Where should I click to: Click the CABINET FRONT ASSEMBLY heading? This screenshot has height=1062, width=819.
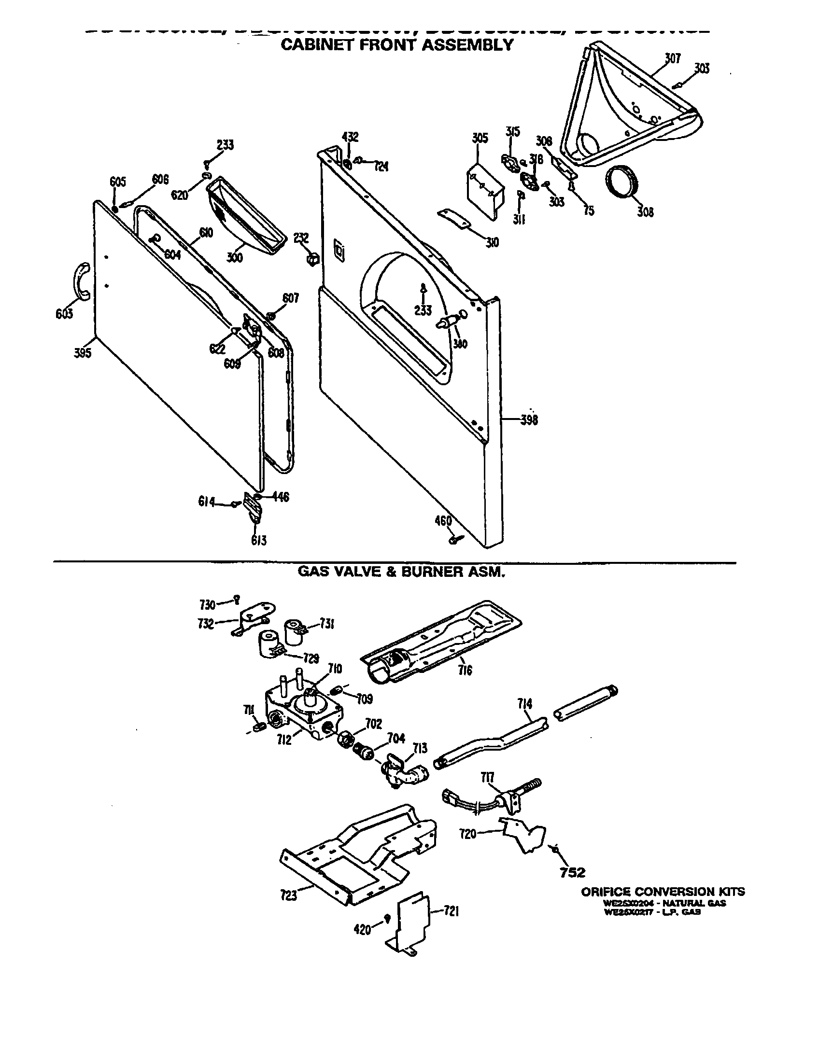click(397, 45)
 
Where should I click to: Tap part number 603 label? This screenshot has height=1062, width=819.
click(64, 314)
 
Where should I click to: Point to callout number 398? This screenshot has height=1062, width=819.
click(529, 419)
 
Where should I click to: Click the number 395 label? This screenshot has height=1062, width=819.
click(83, 353)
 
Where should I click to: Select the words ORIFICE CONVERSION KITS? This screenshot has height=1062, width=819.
click(663, 891)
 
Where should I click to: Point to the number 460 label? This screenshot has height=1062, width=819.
click(443, 521)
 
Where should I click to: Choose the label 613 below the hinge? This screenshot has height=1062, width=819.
click(259, 540)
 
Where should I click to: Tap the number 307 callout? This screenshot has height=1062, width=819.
click(673, 58)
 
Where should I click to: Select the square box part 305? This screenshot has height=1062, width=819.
click(484, 187)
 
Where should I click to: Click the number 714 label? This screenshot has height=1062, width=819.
click(524, 703)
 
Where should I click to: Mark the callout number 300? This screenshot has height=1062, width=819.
click(234, 257)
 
